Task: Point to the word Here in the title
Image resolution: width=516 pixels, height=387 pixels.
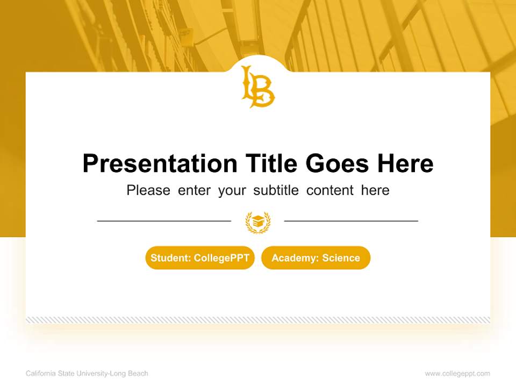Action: [x=405, y=163]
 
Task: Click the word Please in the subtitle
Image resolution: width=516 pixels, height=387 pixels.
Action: [x=148, y=190]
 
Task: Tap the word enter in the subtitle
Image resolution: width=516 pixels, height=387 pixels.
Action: [x=194, y=190]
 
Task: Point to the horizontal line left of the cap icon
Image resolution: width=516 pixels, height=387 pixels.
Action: [x=164, y=220]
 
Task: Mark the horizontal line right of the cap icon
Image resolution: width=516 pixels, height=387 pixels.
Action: [x=351, y=220]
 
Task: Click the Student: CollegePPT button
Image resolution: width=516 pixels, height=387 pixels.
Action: [x=200, y=258]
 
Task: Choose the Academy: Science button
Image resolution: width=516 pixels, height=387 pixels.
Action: [x=316, y=258]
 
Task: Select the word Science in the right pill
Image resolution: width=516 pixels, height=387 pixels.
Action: [x=341, y=258]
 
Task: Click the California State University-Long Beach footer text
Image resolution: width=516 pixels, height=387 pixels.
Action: [x=87, y=374]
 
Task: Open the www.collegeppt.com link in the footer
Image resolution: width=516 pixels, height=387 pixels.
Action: [x=457, y=374]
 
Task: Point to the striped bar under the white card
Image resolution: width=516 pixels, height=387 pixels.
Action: [x=258, y=320]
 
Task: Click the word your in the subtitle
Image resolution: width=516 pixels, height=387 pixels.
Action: [x=232, y=191]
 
